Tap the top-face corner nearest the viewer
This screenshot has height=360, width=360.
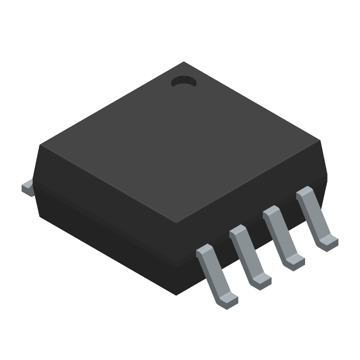(176, 222)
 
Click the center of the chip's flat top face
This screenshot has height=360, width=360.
(180, 142)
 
